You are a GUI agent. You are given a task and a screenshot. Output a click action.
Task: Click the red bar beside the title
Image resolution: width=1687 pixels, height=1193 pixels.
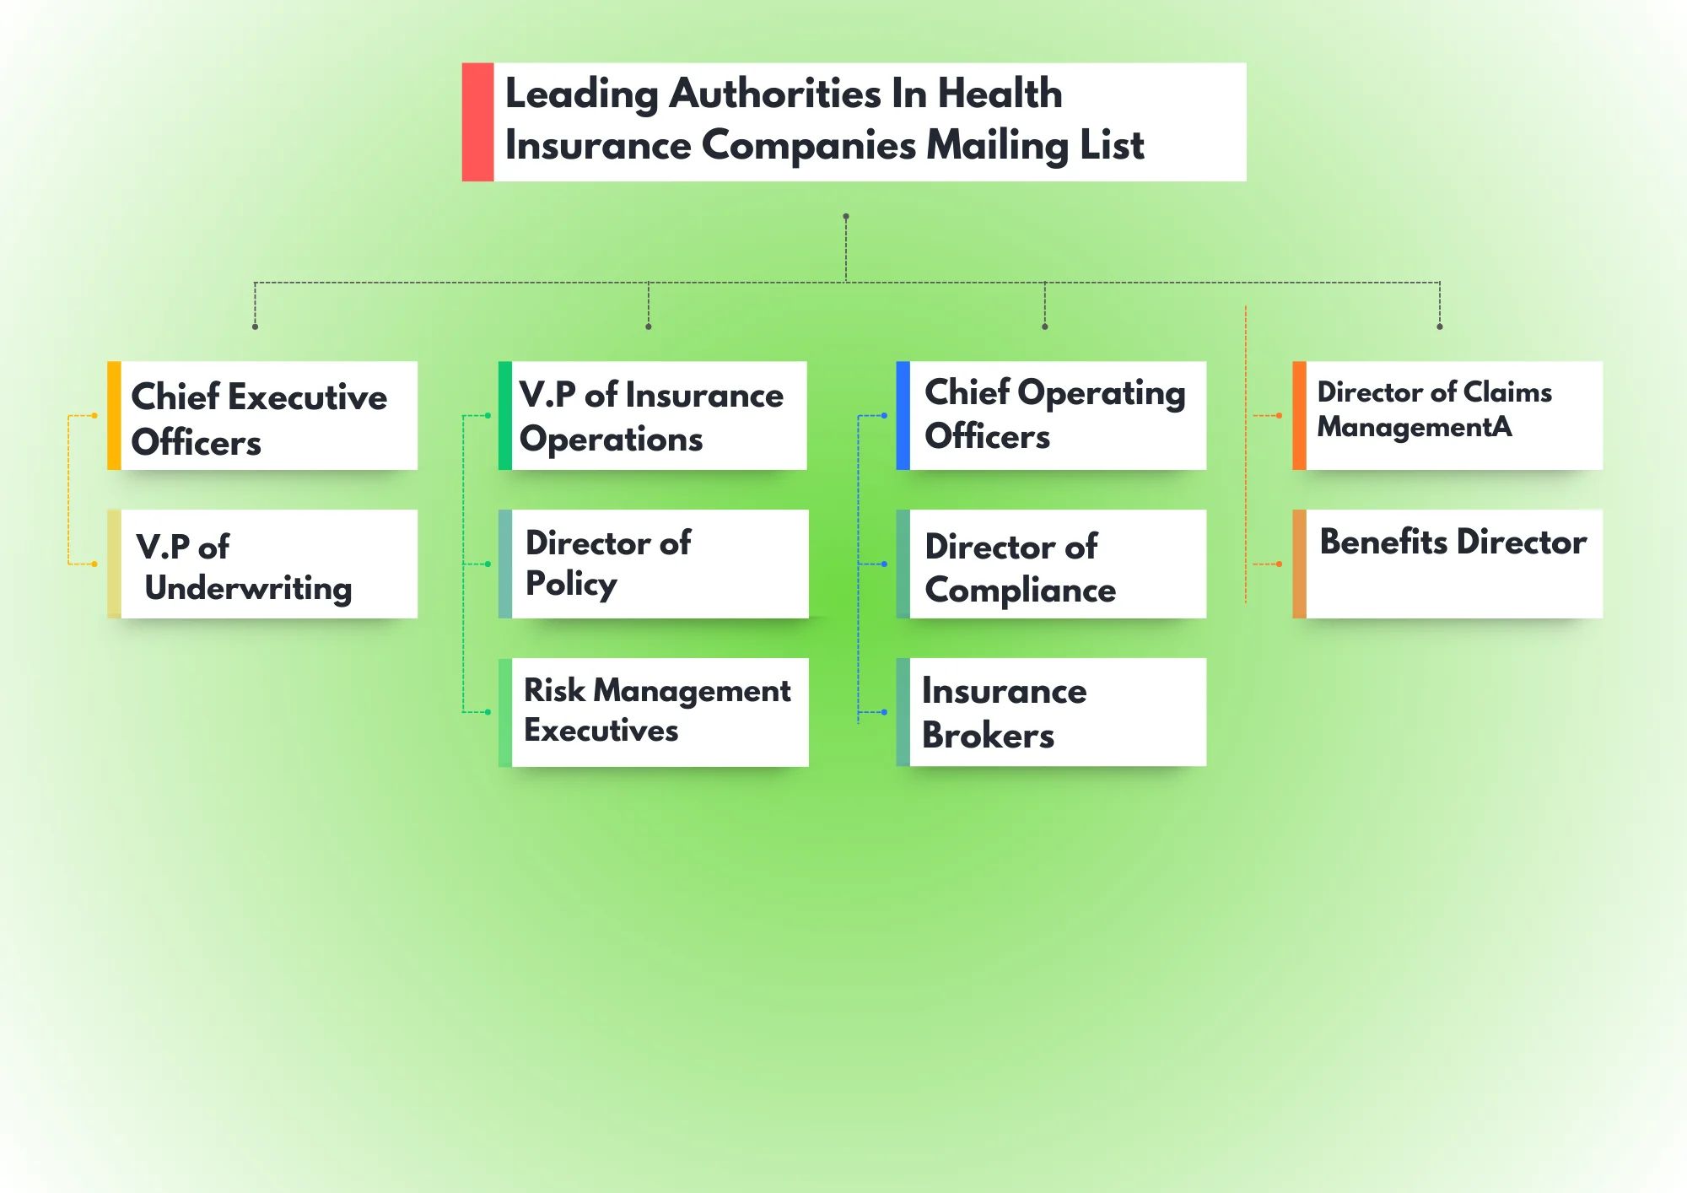[477, 122]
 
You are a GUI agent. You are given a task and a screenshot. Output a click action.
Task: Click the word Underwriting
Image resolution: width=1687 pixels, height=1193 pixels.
[248, 588]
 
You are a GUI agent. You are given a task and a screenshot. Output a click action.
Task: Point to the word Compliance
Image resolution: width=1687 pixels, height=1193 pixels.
[1020, 591]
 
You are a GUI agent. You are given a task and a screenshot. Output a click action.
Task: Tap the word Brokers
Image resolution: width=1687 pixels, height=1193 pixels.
[988, 736]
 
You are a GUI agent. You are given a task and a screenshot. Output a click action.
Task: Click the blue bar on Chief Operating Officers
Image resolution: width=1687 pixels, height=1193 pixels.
[903, 416]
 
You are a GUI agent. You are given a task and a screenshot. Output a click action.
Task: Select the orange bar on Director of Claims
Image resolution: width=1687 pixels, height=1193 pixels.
[1299, 416]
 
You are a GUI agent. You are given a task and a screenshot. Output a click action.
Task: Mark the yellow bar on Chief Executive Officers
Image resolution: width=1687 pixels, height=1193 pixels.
[114, 416]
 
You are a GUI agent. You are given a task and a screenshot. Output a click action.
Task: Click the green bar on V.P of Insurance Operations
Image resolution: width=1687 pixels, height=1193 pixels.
[505, 416]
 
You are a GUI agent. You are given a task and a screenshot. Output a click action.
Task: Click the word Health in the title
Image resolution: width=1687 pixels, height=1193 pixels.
[1000, 93]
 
